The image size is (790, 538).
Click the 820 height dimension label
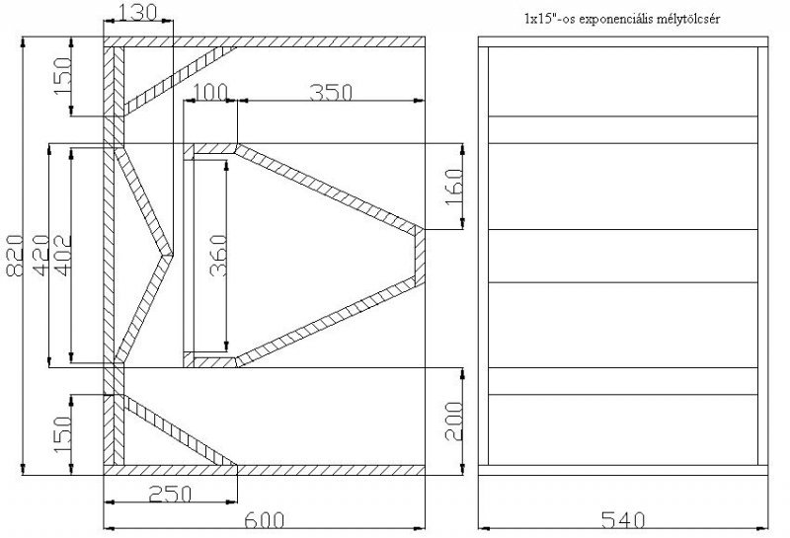pos(15,256)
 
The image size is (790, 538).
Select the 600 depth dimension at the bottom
pos(264,520)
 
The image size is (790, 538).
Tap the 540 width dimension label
pos(623,520)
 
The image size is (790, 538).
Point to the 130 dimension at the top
pos(138,12)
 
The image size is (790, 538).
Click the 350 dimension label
pos(331,92)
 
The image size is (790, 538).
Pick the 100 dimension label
pos(210,92)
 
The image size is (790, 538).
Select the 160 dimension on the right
pos(454,186)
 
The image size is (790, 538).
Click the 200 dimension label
pos(454,422)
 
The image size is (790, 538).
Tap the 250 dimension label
pos(170,494)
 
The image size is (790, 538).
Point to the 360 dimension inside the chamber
pos(218,256)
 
